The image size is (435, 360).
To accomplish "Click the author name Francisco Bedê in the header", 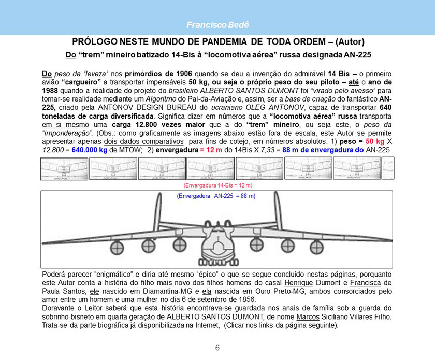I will click(x=217, y=25).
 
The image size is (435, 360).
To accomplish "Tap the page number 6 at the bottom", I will click(x=218, y=348).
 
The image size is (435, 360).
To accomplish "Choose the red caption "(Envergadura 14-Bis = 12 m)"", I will click(x=218, y=185).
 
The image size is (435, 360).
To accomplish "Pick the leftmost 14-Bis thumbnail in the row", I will click(x=63, y=168).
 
